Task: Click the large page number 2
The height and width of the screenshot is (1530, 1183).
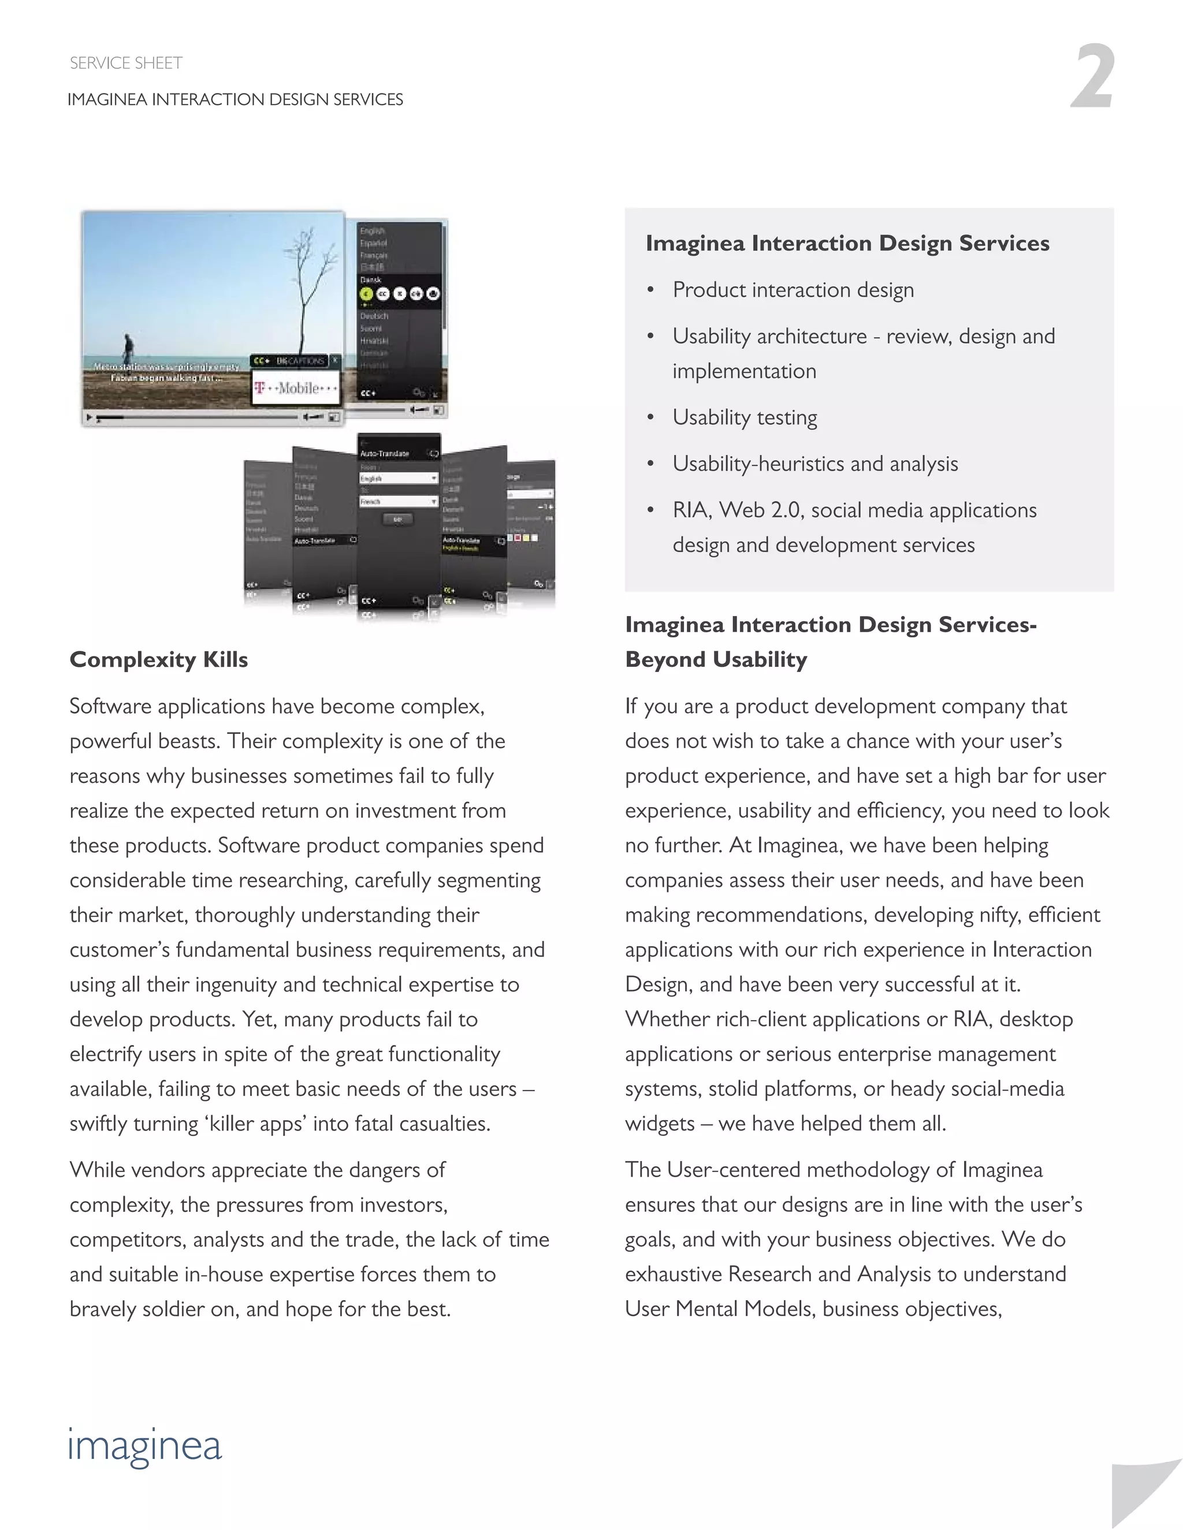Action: (1092, 76)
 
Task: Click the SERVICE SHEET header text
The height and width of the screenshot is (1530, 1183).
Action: (126, 63)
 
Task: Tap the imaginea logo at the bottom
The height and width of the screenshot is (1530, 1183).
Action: (145, 1446)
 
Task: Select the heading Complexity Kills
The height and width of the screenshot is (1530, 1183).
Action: (158, 659)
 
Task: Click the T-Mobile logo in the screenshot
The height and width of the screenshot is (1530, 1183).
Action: (296, 387)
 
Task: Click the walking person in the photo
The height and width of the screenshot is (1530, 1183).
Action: (128, 348)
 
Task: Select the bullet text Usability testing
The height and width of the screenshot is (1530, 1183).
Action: (744, 417)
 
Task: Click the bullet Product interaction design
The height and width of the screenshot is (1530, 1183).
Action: (793, 289)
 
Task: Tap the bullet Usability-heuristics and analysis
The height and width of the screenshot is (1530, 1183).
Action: (814, 463)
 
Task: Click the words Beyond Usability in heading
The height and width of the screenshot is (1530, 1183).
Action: (716, 659)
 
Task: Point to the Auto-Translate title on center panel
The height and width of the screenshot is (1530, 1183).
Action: (385, 454)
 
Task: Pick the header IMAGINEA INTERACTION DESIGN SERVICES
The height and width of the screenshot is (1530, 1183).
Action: (235, 99)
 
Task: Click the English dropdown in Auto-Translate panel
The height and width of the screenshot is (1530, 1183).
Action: (397, 479)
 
